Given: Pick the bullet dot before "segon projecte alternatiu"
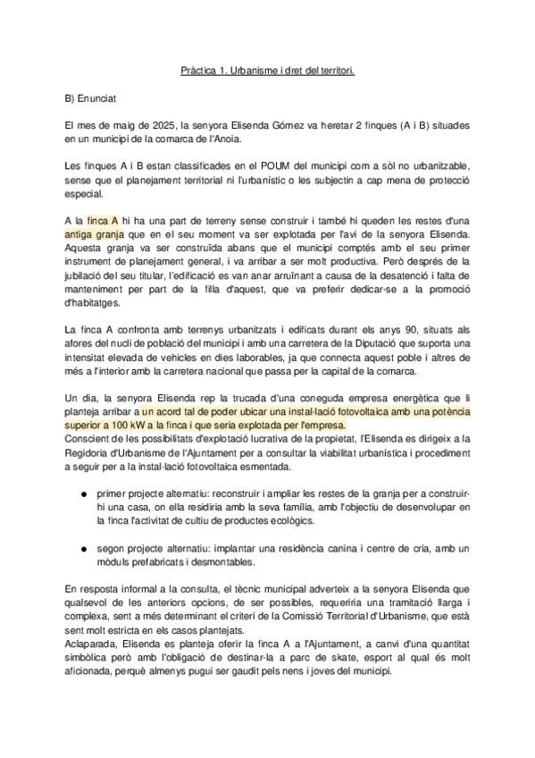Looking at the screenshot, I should click(x=82, y=547).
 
